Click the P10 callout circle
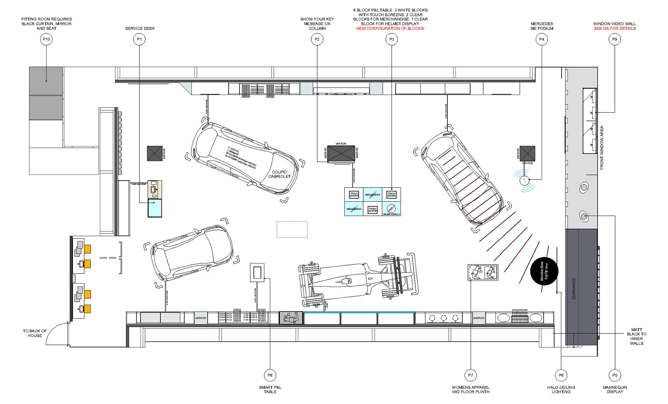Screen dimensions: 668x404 [x=46, y=39]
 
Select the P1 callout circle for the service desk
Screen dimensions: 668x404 [x=139, y=39]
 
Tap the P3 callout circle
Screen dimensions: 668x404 [x=391, y=39]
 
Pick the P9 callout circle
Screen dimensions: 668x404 [x=614, y=39]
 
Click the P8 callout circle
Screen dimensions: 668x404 [x=270, y=375]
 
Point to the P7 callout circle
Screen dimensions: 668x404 [x=470, y=375]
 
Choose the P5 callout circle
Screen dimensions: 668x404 [x=615, y=375]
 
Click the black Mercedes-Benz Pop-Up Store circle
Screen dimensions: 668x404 [x=544, y=271]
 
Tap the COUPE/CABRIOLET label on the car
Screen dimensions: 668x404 [x=279, y=174]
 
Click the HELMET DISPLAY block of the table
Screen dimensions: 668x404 [x=391, y=209]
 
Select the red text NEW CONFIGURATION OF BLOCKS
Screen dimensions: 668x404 [x=390, y=29]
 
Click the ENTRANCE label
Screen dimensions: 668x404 [x=574, y=288]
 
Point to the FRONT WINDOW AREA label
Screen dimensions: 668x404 [x=602, y=148]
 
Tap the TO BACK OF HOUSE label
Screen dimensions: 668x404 [x=35, y=333]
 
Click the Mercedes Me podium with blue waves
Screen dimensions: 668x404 [x=524, y=180]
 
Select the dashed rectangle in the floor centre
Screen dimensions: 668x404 [x=292, y=229]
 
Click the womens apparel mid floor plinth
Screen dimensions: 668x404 [x=483, y=272]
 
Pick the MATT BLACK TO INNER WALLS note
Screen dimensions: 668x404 [x=636, y=336]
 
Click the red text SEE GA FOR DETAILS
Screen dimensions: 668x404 [x=615, y=29]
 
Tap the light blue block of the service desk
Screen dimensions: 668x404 [x=155, y=208]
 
